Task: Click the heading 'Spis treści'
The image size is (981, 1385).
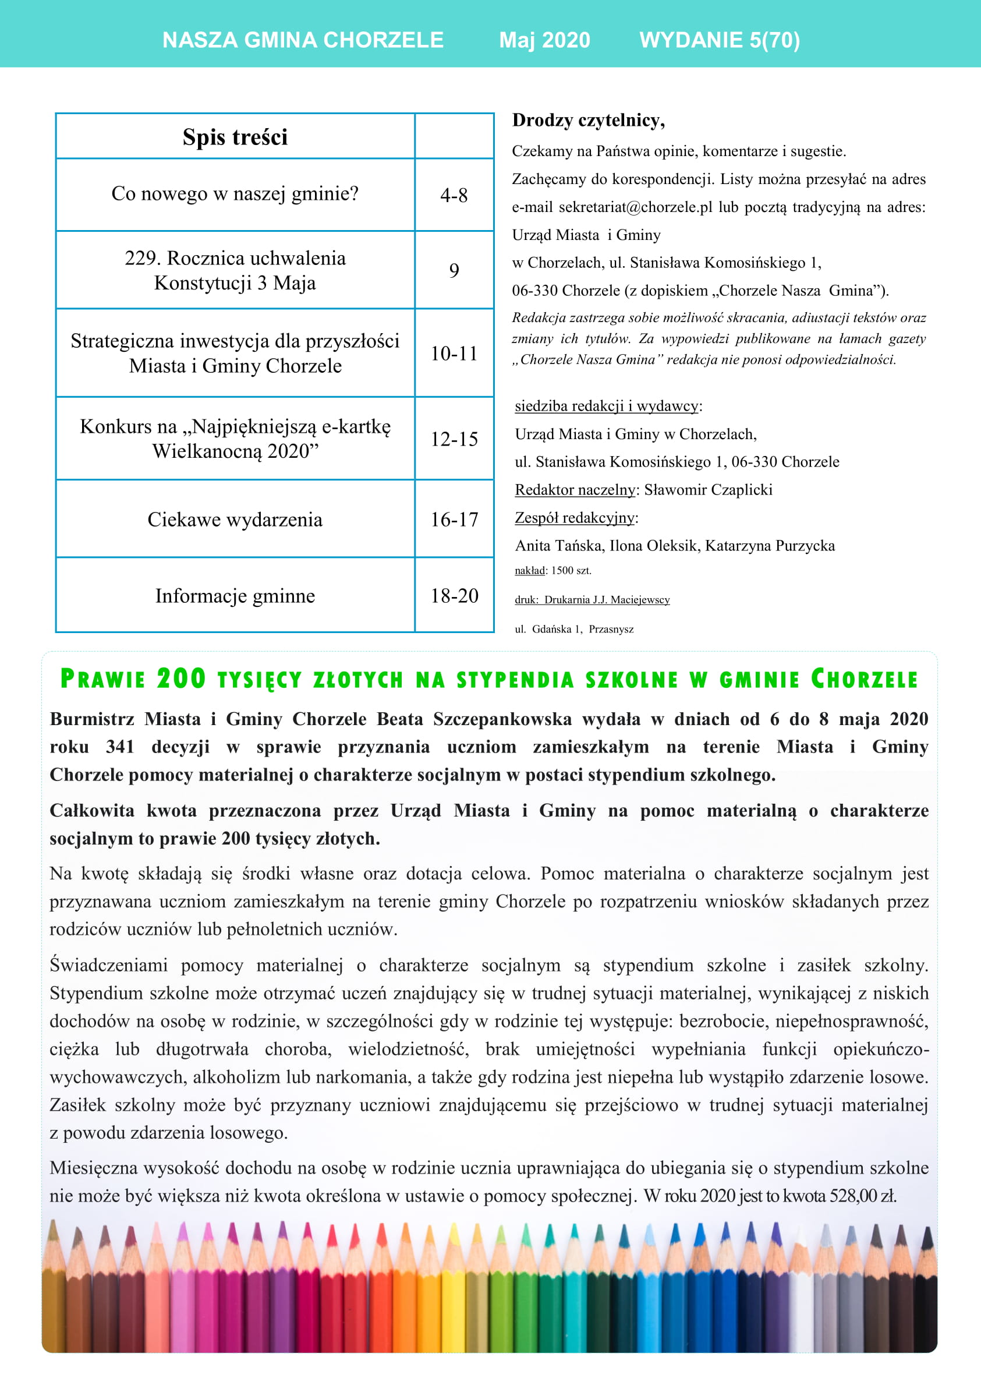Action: [x=235, y=137]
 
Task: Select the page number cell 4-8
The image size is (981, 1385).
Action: [x=454, y=195]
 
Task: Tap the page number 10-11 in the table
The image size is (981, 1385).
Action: [x=454, y=354]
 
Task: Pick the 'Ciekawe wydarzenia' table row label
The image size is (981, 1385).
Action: [x=235, y=520]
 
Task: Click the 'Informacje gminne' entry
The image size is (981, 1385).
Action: [x=235, y=596]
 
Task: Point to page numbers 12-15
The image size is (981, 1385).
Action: [x=454, y=439]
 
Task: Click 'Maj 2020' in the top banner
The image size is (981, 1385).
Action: [x=544, y=40]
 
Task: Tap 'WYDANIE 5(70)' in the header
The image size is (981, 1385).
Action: [x=720, y=40]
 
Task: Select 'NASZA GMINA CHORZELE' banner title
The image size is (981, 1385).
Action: [x=303, y=40]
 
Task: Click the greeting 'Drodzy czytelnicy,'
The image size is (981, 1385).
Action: [x=589, y=120]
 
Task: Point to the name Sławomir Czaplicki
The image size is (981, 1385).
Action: [x=708, y=489]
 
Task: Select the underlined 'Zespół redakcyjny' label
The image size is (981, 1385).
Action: [x=575, y=518]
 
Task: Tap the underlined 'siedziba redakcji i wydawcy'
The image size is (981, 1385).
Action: [x=607, y=406]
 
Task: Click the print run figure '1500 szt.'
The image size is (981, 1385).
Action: [x=571, y=570]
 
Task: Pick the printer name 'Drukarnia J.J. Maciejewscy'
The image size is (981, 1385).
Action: [x=607, y=599]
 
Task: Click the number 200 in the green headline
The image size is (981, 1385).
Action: [x=181, y=679]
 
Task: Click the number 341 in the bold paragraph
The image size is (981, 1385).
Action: [x=119, y=747]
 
